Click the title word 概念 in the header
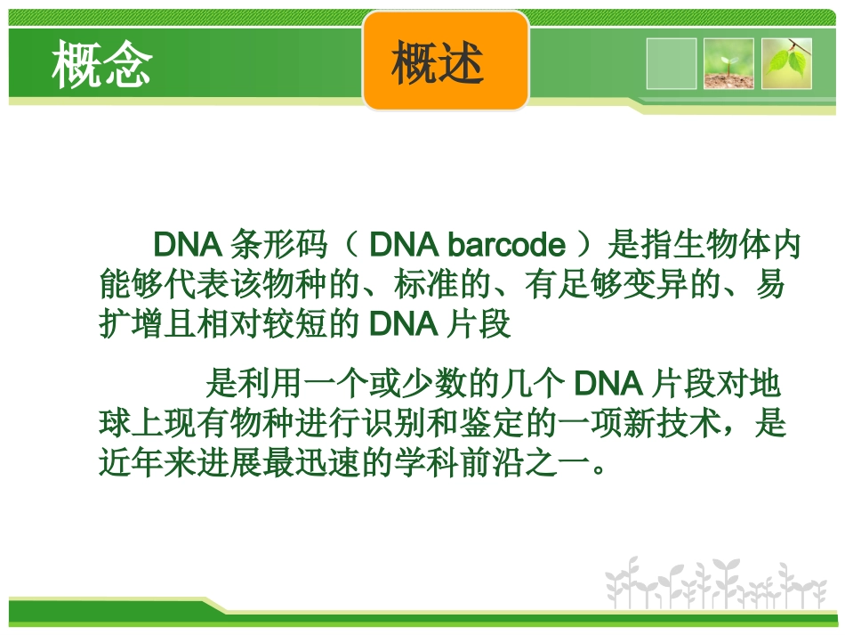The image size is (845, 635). pyautogui.click(x=101, y=64)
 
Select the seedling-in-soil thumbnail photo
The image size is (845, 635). pyautogui.click(x=728, y=63)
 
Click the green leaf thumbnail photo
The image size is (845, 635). pyautogui.click(x=787, y=63)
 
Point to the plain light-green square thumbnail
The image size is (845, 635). pyautogui.click(x=672, y=63)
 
